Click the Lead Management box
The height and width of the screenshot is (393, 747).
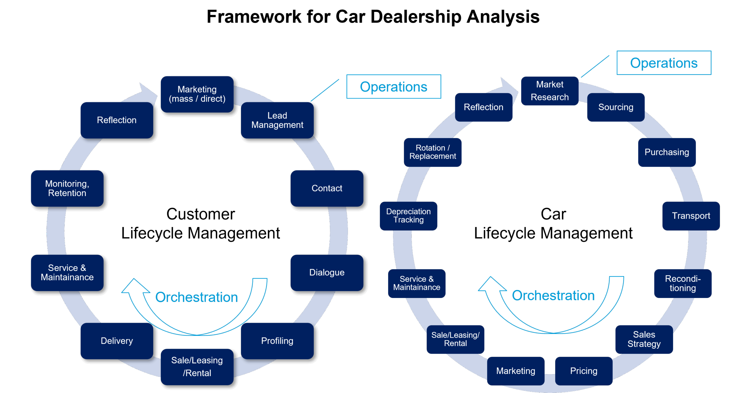coord(277,120)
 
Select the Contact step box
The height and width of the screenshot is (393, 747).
coord(327,188)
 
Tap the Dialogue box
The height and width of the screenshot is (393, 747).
coord(327,272)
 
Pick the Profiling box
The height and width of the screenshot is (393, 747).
coord(277,341)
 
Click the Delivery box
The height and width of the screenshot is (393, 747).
coord(117,341)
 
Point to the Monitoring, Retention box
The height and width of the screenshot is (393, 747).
coord(67,188)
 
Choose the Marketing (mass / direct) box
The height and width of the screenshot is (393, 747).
coord(197,94)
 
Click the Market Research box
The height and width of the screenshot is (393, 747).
coord(550,91)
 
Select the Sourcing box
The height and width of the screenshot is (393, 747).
coord(616,107)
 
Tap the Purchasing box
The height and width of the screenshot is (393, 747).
coord(667,152)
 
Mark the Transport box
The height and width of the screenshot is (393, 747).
coord(691,216)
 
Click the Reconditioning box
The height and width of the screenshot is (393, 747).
coord(683,283)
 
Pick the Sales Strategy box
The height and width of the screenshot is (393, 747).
coord(644,339)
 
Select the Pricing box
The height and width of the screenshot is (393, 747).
coord(584,371)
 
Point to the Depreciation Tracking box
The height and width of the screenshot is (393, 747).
coord(409,216)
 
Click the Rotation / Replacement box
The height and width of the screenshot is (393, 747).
coord(433,152)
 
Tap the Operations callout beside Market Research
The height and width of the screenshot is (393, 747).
coord(664,63)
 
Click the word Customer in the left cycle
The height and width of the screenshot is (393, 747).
coord(201,214)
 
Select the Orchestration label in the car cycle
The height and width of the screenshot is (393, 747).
coord(553,295)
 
